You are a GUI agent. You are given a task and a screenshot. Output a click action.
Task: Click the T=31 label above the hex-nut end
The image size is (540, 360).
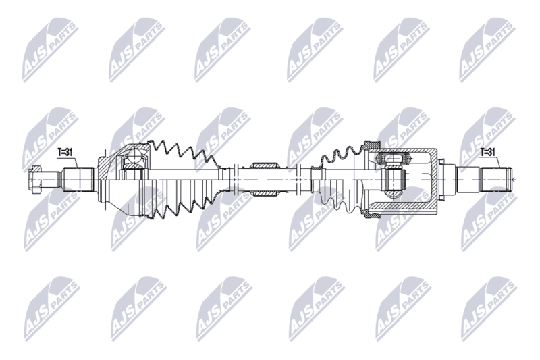coord(64,153)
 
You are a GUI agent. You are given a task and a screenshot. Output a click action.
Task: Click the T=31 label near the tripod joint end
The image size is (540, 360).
coord(488,151)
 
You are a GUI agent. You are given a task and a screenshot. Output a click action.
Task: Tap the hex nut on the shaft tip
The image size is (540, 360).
coord(35,180)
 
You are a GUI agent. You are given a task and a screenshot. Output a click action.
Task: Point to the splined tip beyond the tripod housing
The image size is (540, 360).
coord(497,180)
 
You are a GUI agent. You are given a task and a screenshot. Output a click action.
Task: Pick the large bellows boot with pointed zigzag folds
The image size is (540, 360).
coord(182,180)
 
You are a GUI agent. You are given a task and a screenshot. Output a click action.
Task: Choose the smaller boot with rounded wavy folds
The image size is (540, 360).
coord(340,180)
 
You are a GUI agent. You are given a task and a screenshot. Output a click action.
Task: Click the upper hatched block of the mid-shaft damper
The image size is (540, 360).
coord(264,166)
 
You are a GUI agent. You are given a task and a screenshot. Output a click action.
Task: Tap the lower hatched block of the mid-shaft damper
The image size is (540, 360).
coord(264,194)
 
